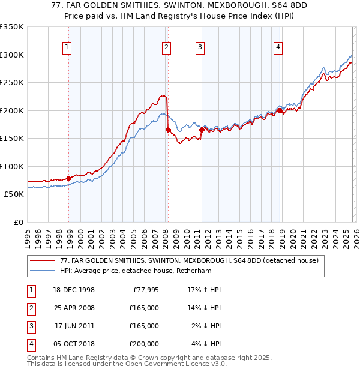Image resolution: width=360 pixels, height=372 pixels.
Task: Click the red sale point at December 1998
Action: pos(69,178)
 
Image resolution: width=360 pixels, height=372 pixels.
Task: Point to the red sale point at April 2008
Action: pos(168,130)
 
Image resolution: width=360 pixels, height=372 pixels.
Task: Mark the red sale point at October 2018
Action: pos(280,110)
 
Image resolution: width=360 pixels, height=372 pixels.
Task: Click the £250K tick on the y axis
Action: pos(12,82)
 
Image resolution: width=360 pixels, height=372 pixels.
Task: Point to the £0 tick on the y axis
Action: pos(18,222)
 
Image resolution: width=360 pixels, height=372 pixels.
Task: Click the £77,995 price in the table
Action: pos(145,290)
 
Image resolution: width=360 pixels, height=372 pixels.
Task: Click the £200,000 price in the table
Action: pos(144,344)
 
